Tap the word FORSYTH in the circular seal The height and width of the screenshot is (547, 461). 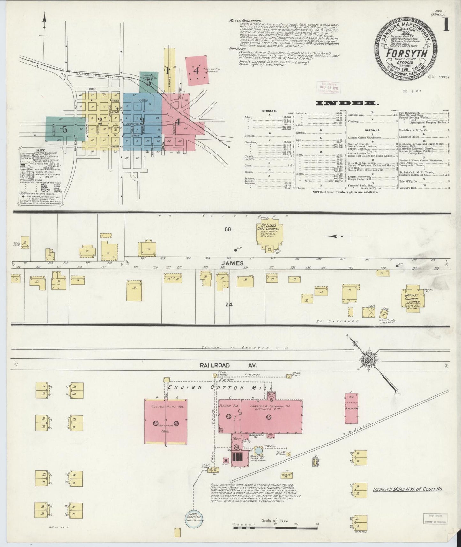pyautogui.click(x=406, y=53)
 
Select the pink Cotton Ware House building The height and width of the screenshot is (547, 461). pyautogui.click(x=166, y=421)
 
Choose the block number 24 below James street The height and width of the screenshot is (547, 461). pyautogui.click(x=228, y=304)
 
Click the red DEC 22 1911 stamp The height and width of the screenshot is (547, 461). pyautogui.click(x=328, y=87)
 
